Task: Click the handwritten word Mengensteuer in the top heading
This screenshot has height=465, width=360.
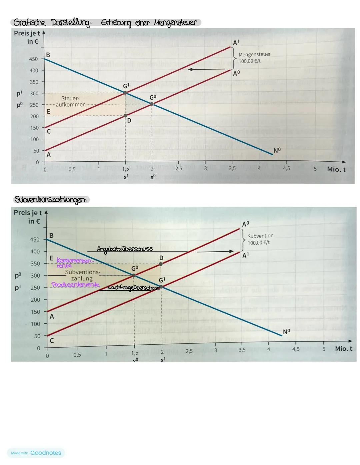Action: click(175, 23)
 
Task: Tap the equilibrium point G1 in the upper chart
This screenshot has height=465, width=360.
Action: click(125, 93)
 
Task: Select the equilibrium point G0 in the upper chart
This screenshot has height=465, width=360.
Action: click(152, 104)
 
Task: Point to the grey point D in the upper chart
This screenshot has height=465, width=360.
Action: click(125, 116)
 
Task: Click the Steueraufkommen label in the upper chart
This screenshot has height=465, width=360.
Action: click(70, 102)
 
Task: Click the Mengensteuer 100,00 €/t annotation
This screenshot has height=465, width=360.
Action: click(254, 58)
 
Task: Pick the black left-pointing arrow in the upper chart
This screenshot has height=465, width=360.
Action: click(206, 69)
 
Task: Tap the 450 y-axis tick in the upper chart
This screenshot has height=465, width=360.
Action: click(34, 59)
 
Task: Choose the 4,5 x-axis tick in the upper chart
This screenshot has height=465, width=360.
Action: click(286, 169)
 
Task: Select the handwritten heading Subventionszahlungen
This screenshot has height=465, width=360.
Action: click(51, 200)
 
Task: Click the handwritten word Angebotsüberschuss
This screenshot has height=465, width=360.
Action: click(125, 249)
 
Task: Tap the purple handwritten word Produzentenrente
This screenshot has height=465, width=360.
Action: click(75, 285)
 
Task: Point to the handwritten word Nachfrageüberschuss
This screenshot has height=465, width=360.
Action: click(133, 288)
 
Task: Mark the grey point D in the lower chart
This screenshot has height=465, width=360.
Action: click(161, 264)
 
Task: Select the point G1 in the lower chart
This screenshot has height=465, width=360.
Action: click(161, 286)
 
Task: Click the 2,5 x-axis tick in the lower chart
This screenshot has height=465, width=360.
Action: click(189, 351)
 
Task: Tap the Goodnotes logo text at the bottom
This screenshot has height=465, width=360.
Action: click(46, 453)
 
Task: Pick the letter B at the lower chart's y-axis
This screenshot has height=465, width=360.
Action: click(51, 236)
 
